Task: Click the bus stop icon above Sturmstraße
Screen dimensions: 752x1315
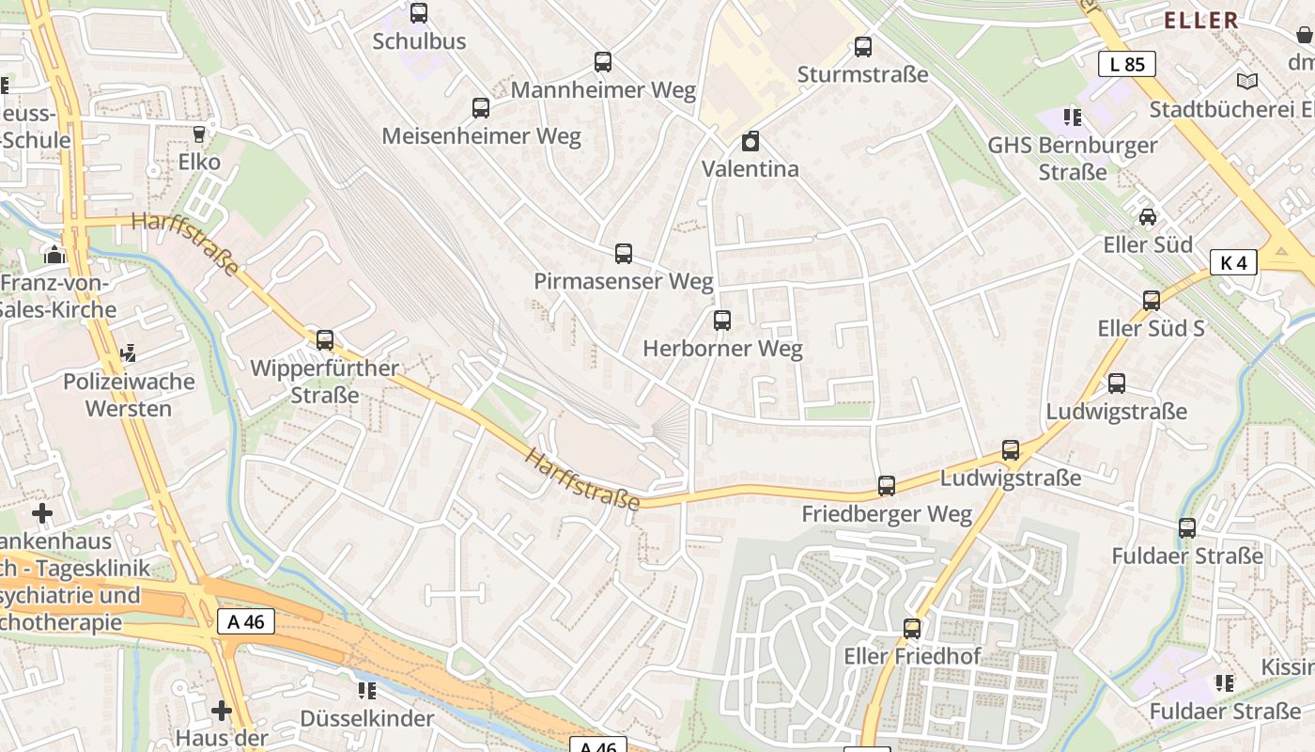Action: [862, 47]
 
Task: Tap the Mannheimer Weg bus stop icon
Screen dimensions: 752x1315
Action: [603, 63]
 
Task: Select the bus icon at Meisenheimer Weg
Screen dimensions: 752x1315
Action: [481, 108]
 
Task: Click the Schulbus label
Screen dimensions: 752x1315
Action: [419, 41]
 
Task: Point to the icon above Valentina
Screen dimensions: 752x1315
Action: [750, 142]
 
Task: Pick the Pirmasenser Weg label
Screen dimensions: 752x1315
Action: [623, 281]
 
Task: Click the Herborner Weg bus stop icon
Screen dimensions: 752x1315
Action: [721, 321]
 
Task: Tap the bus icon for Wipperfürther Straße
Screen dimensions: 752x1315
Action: [325, 340]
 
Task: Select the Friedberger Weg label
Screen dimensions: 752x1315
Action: [886, 514]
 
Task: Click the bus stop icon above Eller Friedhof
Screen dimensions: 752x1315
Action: [911, 629]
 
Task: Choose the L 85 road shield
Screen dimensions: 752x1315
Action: [1126, 64]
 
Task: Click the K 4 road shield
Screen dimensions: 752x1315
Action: [1232, 262]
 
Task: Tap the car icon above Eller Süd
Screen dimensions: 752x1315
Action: [1147, 217]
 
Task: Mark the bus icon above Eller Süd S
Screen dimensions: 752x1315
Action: [1151, 301]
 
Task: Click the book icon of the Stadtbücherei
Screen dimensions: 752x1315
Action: [1246, 82]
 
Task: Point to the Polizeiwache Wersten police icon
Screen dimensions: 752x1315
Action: [129, 353]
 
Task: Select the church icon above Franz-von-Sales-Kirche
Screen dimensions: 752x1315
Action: [54, 255]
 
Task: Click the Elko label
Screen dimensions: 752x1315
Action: [199, 162]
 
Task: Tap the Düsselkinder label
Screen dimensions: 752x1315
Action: [366, 718]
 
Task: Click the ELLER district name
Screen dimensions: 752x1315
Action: [1200, 20]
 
